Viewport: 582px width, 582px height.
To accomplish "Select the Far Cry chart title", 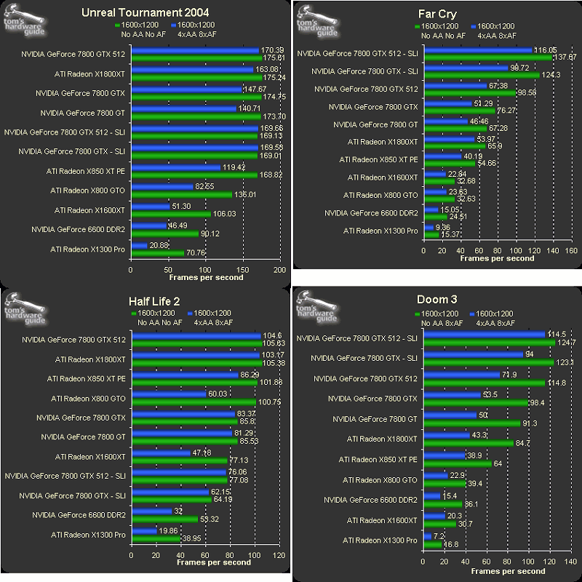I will pyautogui.click(x=439, y=14).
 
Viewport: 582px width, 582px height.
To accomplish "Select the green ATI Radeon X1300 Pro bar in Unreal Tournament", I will pyautogui.click(x=157, y=253).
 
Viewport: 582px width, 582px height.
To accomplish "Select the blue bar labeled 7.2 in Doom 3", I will pyautogui.click(x=426, y=537).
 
